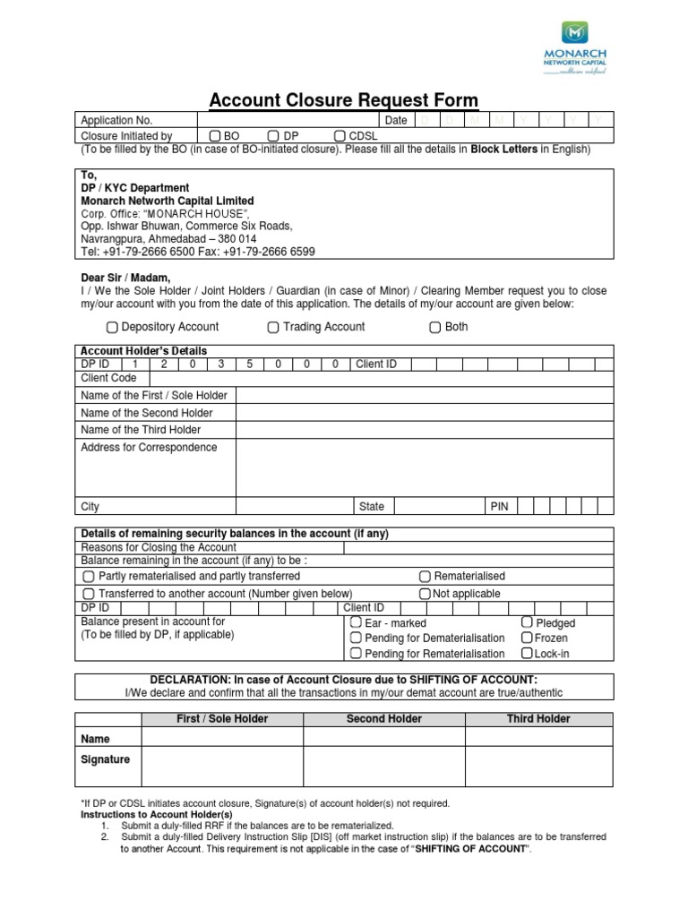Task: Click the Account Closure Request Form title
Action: [x=343, y=100]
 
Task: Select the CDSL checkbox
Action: [x=340, y=135]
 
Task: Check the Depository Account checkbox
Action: [x=112, y=327]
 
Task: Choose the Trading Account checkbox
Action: [x=273, y=327]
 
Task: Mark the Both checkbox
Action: [x=435, y=327]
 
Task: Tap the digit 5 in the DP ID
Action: [x=251, y=364]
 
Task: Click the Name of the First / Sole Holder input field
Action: [x=425, y=395]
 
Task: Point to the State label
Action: [x=371, y=507]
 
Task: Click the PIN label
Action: [x=499, y=507]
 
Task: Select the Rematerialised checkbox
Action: [x=425, y=576]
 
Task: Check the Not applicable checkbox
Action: [x=425, y=594]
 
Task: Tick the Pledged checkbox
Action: [x=527, y=622]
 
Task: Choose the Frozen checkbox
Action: [x=527, y=638]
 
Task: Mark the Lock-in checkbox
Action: [x=527, y=653]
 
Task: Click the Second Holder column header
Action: [x=383, y=719]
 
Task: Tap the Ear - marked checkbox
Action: [x=356, y=622]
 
